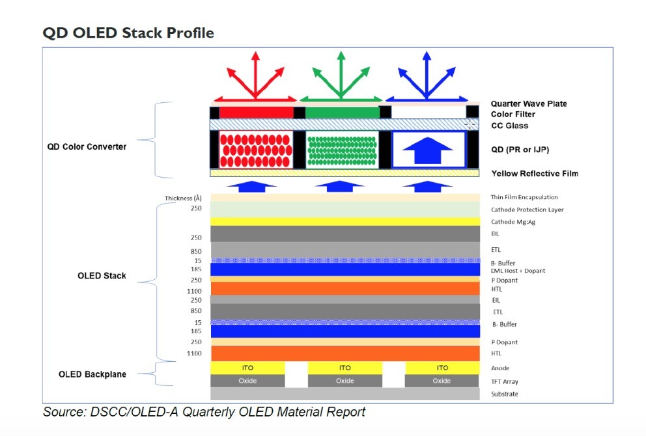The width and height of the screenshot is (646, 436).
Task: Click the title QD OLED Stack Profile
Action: pos(128,32)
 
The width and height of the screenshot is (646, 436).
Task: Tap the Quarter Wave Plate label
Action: pos(528,103)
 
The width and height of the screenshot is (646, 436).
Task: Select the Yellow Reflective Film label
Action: pos(534,173)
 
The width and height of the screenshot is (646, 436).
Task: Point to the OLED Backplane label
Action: pos(92,374)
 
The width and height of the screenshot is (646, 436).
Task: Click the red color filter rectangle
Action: pos(256,113)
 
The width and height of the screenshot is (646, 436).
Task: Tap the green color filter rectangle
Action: pos(342,113)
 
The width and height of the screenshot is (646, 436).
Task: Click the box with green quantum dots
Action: pos(342,150)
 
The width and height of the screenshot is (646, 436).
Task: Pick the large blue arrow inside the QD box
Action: pos(428,150)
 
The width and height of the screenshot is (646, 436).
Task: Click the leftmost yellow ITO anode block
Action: pos(247,368)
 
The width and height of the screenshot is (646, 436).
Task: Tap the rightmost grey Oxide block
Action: pos(442,381)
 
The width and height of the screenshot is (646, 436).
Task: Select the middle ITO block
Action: pos(344,368)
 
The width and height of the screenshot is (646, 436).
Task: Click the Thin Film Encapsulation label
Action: pos(524,197)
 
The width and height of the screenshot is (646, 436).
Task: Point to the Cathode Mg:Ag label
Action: pos(514,221)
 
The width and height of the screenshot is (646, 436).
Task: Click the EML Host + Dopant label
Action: pos(518,270)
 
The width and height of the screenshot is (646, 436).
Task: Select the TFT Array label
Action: pos(505,381)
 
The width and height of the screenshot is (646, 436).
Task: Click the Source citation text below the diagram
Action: pos(204,412)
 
